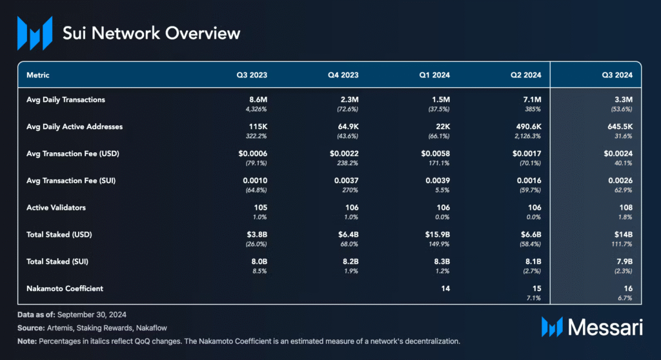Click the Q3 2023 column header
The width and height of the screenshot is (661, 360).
pyautogui.click(x=252, y=75)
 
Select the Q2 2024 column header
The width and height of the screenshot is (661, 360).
pyautogui.click(x=525, y=75)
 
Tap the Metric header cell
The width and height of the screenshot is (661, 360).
pyautogui.click(x=38, y=75)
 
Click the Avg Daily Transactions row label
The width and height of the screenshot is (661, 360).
pyautogui.click(x=66, y=100)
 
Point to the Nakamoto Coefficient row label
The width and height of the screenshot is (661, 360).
pyautogui.click(x=65, y=289)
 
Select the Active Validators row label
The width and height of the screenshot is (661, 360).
pyautogui.click(x=56, y=207)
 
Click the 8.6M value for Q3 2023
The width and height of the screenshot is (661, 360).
pyautogui.click(x=258, y=100)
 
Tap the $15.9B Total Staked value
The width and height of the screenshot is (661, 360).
pyautogui.click(x=437, y=234)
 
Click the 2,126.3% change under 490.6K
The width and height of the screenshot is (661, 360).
pyautogui.click(x=527, y=136)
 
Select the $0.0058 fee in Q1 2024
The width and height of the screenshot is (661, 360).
pyautogui.click(x=436, y=154)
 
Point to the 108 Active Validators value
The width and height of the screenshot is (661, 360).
pyautogui.click(x=625, y=207)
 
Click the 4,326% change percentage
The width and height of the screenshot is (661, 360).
pyautogui.click(x=256, y=109)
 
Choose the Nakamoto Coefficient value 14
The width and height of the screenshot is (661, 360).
pyautogui.click(x=445, y=289)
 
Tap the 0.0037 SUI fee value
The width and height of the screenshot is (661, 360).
pyautogui.click(x=346, y=181)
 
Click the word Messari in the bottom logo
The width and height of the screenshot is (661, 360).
pyautogui.click(x=605, y=327)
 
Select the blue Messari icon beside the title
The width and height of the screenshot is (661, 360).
pyautogui.click(x=35, y=34)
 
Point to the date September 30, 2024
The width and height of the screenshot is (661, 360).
pyautogui.click(x=92, y=315)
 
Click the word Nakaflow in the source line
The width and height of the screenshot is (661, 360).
pyautogui.click(x=151, y=328)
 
